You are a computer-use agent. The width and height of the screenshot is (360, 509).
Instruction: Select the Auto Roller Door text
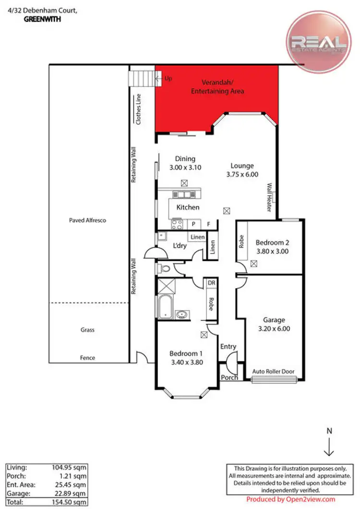tap(273, 372)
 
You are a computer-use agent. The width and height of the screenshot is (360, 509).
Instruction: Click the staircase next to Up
tap(142, 78)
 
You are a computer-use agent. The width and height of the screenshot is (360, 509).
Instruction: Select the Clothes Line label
tap(139, 110)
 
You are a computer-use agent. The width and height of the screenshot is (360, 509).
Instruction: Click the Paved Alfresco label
tap(87, 220)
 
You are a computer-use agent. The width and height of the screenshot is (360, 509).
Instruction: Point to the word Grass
tap(87, 330)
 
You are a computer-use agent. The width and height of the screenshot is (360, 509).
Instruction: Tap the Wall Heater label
tap(270, 197)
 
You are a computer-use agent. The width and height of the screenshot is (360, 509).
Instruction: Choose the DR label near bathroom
tap(210, 284)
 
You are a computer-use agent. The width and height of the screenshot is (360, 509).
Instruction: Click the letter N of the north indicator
tap(329, 431)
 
